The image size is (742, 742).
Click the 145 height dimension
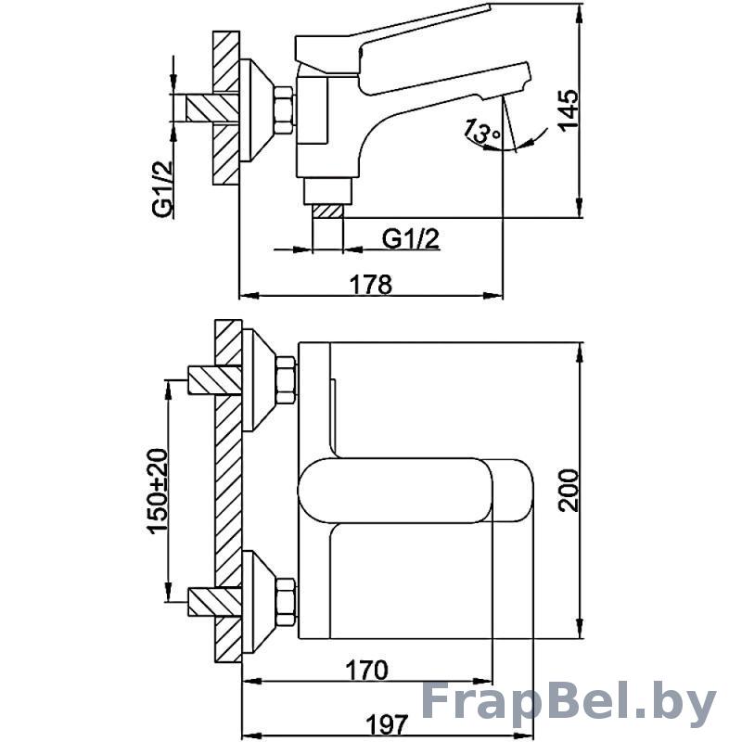569,109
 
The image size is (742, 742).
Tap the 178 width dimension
370,285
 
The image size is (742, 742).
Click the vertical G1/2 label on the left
163,188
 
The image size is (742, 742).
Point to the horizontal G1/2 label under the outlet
411,238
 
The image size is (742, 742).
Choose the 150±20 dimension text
158,491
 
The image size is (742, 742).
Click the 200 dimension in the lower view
569,491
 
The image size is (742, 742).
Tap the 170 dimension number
366,670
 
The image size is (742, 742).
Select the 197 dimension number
387,724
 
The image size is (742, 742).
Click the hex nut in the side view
284,109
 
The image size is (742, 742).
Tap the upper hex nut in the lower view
286,381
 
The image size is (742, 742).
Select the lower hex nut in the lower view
286,602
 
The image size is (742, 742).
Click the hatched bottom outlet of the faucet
327,211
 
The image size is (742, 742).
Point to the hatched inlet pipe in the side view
212,109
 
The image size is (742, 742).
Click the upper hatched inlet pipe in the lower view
215,379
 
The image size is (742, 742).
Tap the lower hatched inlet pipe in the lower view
215,601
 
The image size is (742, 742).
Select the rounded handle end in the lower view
514,491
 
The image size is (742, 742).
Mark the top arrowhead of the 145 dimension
579,13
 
